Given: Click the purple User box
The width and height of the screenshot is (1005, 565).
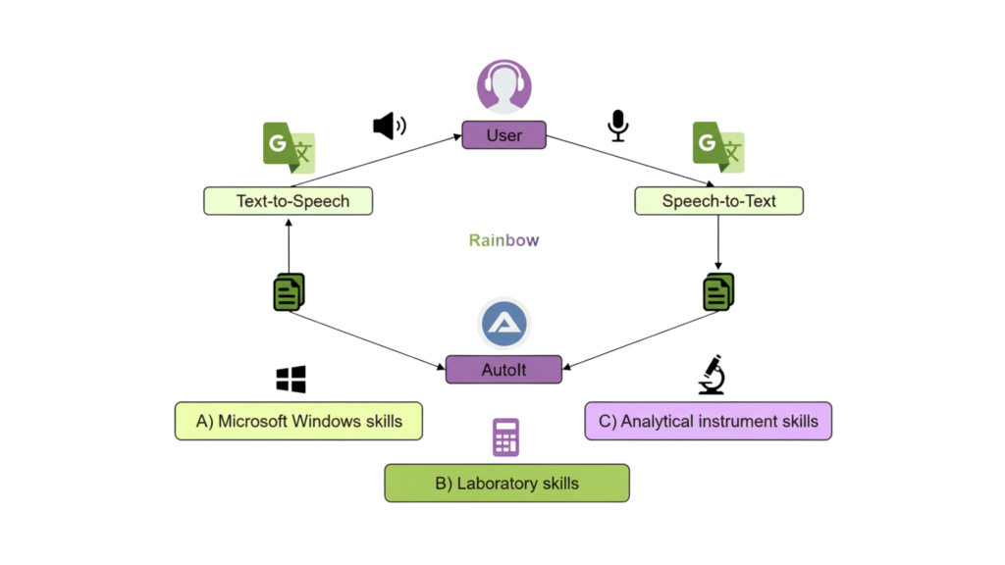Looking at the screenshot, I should [503, 135].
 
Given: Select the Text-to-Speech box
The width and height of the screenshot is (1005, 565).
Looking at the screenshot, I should [291, 202].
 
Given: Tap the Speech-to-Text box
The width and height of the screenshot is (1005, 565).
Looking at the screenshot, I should [718, 202].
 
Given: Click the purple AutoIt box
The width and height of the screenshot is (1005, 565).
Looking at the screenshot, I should [504, 370].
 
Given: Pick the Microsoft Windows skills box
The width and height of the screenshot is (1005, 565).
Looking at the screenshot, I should [299, 421].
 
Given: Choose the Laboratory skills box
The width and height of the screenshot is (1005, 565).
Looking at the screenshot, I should [506, 484].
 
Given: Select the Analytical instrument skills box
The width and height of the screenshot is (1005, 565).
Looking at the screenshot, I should [708, 421].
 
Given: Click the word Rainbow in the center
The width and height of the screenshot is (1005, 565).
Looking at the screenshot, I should [503, 240].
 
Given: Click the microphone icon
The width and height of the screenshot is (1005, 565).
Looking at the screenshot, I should [618, 126].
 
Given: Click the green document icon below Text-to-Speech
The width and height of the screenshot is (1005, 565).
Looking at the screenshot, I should [289, 292].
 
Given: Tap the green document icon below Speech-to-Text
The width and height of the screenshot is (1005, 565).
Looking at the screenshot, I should [718, 291].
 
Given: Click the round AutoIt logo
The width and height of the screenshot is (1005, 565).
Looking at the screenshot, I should [504, 325].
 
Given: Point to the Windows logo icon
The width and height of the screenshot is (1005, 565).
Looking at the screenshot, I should [291, 380].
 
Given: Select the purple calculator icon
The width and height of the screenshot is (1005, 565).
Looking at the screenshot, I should [505, 437].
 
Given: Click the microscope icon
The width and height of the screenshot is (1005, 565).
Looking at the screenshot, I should [711, 375].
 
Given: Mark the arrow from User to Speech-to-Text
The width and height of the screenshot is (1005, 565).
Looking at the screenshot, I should [628, 160].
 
